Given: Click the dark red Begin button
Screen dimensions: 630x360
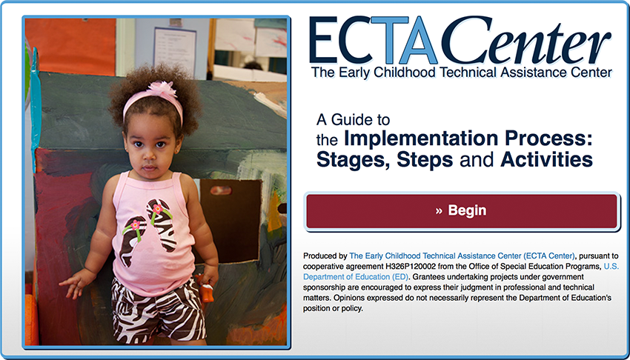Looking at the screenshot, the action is [462, 211].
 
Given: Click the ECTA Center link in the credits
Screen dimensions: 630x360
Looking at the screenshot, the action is [462, 256].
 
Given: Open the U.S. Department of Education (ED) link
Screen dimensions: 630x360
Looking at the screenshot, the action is [461, 272].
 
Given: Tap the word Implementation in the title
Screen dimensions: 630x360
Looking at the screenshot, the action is [421, 139].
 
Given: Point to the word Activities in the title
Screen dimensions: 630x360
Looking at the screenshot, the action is [546, 160].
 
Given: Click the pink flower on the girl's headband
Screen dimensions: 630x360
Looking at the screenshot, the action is [162, 89].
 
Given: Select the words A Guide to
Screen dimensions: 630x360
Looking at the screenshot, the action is [353, 120].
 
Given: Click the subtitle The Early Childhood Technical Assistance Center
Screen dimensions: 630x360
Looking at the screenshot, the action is [461, 73].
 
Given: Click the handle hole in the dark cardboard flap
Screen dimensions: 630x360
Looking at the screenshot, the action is [221, 190].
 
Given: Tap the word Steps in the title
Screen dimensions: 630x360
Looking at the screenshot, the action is [425, 161].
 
